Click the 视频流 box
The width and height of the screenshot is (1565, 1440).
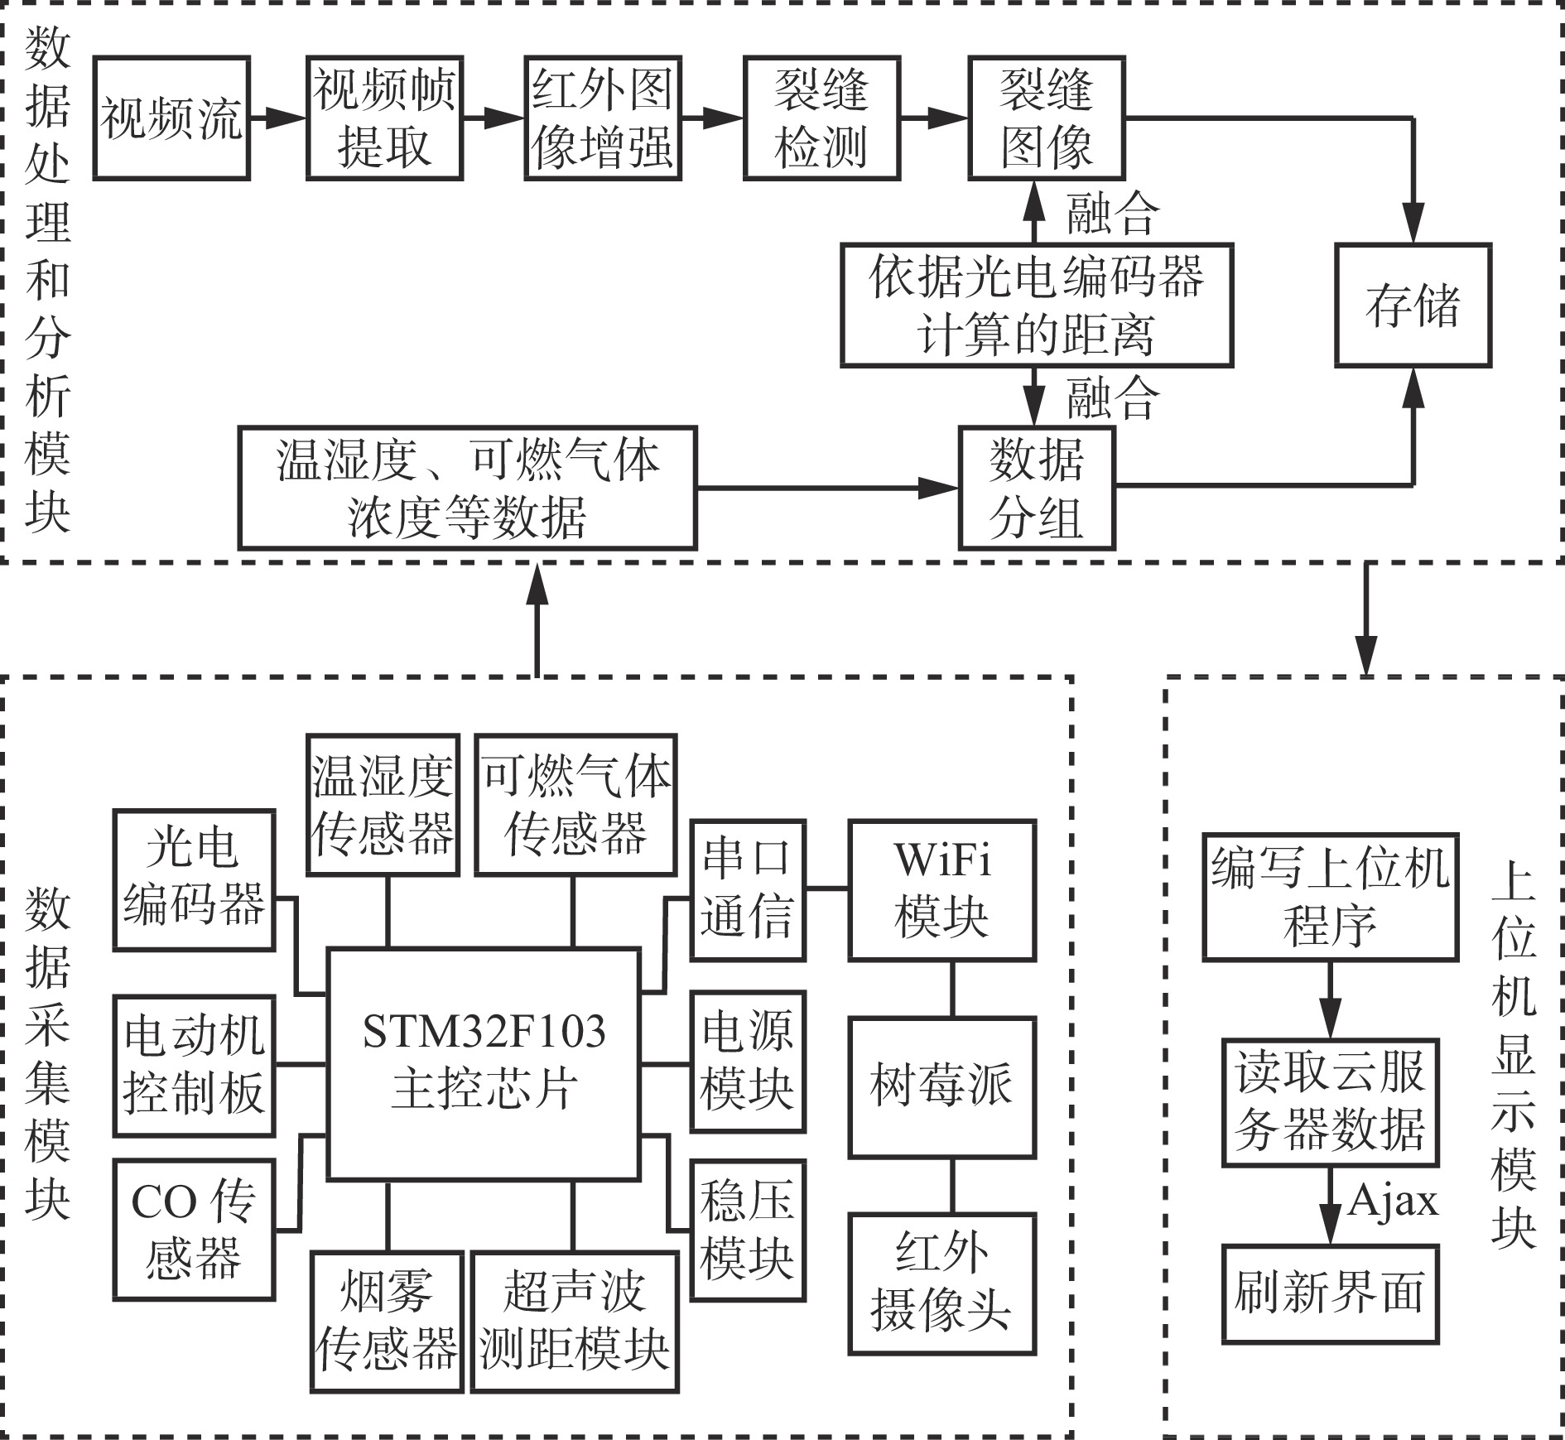pos(171,118)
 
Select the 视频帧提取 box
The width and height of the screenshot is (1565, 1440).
pos(384,118)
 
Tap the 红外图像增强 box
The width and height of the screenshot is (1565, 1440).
pos(603,118)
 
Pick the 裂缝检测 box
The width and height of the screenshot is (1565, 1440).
pos(821,118)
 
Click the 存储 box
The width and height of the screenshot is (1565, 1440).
pos(1413,306)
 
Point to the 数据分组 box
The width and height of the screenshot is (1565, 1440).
pos(1037,489)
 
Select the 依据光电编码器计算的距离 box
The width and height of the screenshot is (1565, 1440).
pos(1037,306)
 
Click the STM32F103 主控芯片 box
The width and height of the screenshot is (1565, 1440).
pos(484,1063)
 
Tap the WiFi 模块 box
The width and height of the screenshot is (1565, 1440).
pos(942,890)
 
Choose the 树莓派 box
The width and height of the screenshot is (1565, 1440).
pos(942,1086)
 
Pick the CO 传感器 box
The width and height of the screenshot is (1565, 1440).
pos(194,1230)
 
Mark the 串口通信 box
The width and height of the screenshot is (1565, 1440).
pos(748,890)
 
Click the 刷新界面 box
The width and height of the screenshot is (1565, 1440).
pos(1330,1293)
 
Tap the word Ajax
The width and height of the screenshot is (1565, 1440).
pos(1393,1200)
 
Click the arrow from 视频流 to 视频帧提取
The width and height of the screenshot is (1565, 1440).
pos(277,118)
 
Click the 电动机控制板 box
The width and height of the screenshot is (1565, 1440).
pos(194,1066)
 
